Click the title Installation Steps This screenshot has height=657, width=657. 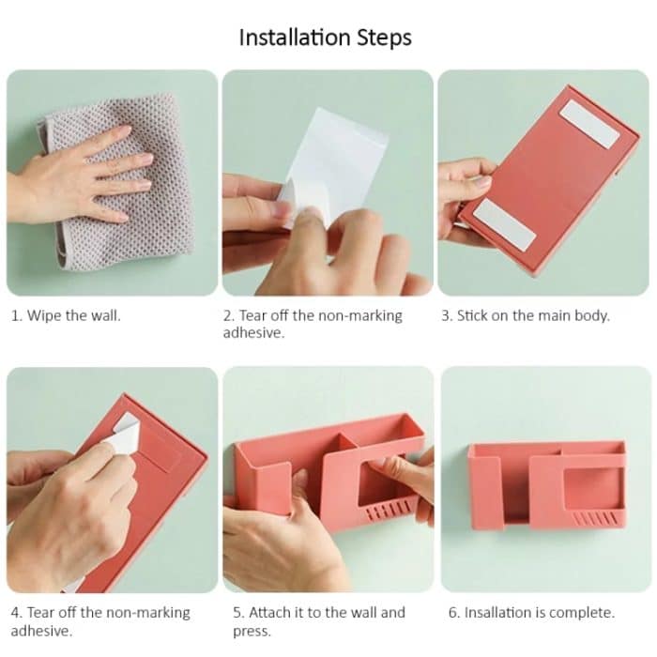325,38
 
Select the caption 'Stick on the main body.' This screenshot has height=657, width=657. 526,315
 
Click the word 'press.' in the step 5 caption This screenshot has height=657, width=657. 252,632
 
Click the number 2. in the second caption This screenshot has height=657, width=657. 229,315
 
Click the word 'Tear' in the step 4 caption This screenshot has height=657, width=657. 42,613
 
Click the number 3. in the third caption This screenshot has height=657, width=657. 447,315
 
